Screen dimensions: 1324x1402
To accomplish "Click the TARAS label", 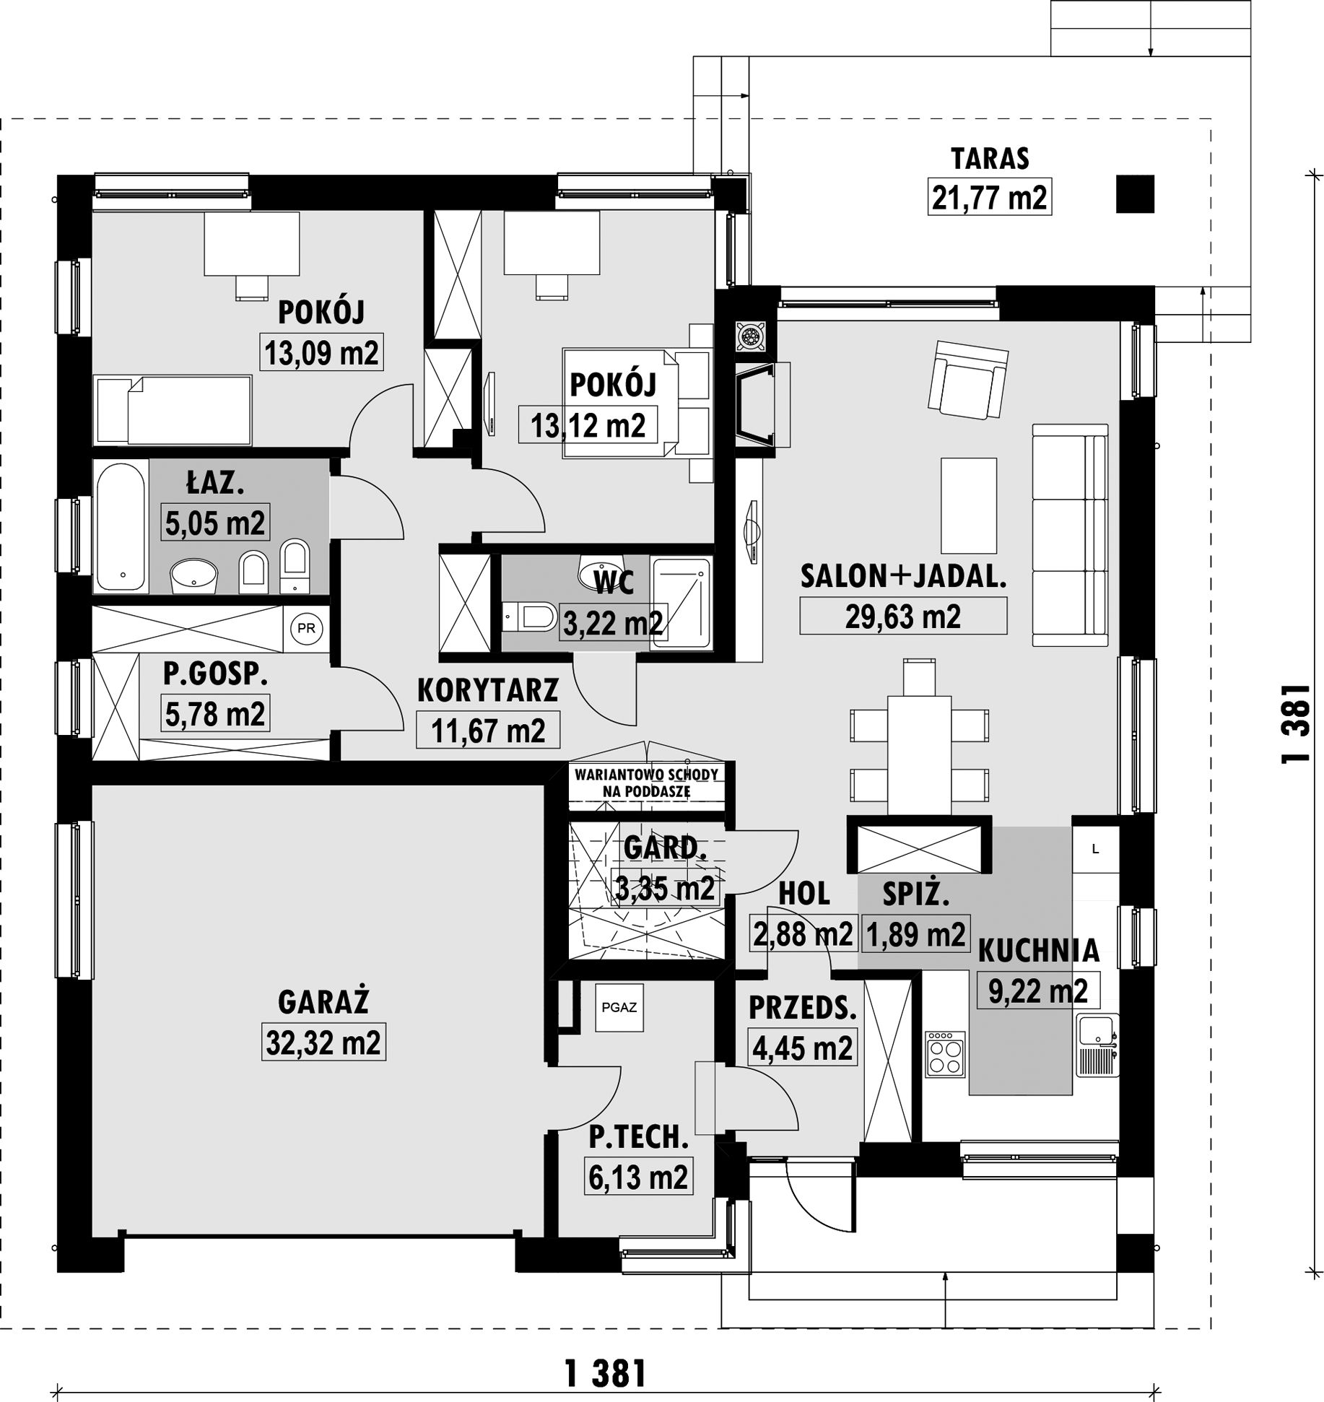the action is (990, 158).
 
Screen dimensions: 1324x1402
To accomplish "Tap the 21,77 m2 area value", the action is (989, 197).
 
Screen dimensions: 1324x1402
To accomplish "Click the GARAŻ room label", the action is (323, 1002).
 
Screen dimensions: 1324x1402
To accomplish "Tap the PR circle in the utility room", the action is (306, 628).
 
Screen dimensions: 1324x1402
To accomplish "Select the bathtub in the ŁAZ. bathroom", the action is (121, 527).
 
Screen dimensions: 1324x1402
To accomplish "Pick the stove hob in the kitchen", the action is (946, 1053).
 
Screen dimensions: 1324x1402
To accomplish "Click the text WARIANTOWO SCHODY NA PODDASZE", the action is (646, 782).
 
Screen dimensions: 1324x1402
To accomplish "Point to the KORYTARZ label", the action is (488, 690).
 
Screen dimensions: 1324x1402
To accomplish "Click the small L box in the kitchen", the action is (1095, 849).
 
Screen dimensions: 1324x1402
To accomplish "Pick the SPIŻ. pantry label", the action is (915, 895).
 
